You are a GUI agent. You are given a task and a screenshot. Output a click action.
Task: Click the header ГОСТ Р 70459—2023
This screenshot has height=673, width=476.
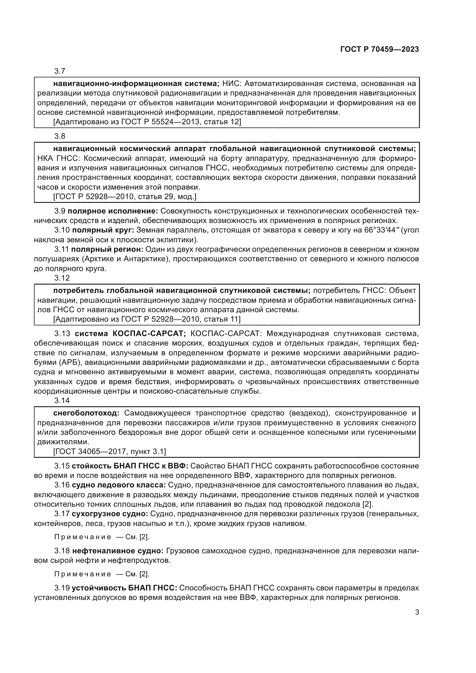click(379, 49)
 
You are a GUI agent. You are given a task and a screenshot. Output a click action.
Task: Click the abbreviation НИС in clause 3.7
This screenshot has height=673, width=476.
click(231, 84)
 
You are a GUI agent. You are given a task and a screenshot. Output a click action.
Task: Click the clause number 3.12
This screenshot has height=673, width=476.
click(62, 278)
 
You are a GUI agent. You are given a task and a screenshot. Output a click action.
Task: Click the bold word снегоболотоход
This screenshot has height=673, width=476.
click(86, 413)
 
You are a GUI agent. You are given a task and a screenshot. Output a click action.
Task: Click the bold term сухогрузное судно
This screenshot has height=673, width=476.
click(110, 514)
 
